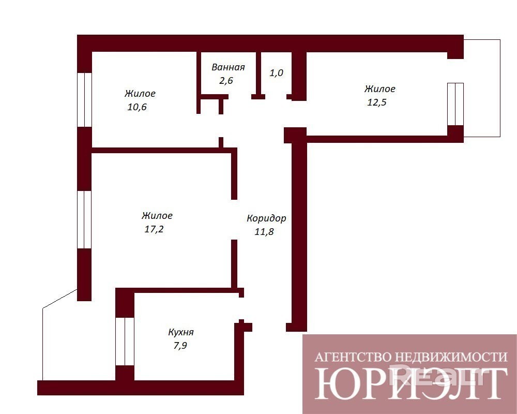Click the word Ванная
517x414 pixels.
coord(228,67)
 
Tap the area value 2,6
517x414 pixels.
coord(226,80)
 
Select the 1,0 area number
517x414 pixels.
coord(276,72)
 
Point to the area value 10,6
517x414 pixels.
coord(137,107)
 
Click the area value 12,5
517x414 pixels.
coord(376,102)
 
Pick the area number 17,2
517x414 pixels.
coord(154,229)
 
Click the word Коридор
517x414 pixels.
coord(266,219)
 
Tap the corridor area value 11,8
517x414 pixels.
coord(264,231)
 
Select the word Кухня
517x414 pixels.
coord(181,332)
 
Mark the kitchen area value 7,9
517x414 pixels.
coord(180,345)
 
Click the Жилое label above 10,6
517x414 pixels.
coord(140,94)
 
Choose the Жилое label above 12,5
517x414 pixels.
coord(380,89)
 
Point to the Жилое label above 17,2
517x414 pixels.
coord(157,216)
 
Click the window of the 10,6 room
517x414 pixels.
coord(84,99)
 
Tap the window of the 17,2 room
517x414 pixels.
coord(84,219)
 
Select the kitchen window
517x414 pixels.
coord(125,342)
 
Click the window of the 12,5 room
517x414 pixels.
coord(455,104)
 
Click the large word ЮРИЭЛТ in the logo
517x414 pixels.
coord(411,383)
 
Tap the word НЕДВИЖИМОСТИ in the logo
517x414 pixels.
coord(451,357)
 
